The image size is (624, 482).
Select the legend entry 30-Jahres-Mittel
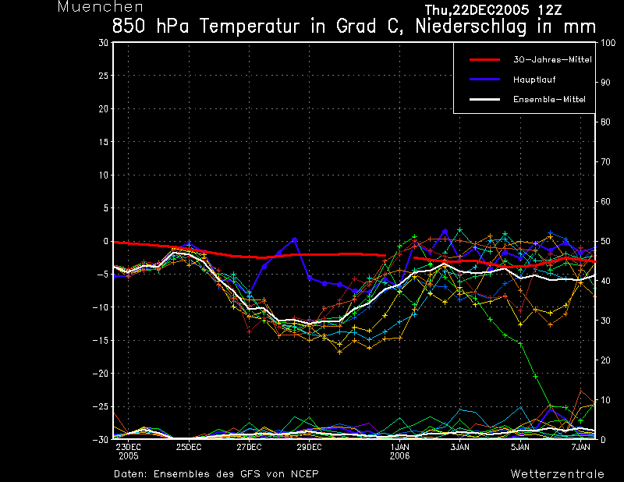tap(552, 59)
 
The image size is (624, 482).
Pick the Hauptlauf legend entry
tap(534, 80)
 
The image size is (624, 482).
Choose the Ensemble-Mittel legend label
tap(548, 99)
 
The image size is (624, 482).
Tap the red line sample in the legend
tap(484, 59)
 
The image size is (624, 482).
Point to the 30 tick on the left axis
tap(104, 43)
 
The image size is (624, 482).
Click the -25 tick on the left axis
tap(101, 406)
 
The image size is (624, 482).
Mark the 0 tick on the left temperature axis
tap(106, 241)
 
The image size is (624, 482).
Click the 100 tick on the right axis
tap(607, 43)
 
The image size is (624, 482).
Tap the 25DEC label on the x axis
tap(188, 448)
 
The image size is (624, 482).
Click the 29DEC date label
tap(309, 448)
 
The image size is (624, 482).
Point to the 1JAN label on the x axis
tap(399, 448)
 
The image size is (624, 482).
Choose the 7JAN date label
tap(581, 448)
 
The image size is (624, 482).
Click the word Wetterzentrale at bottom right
tap(557, 474)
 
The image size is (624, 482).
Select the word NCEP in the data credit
tap(303, 474)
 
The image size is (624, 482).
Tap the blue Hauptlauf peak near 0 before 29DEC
tap(294, 239)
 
